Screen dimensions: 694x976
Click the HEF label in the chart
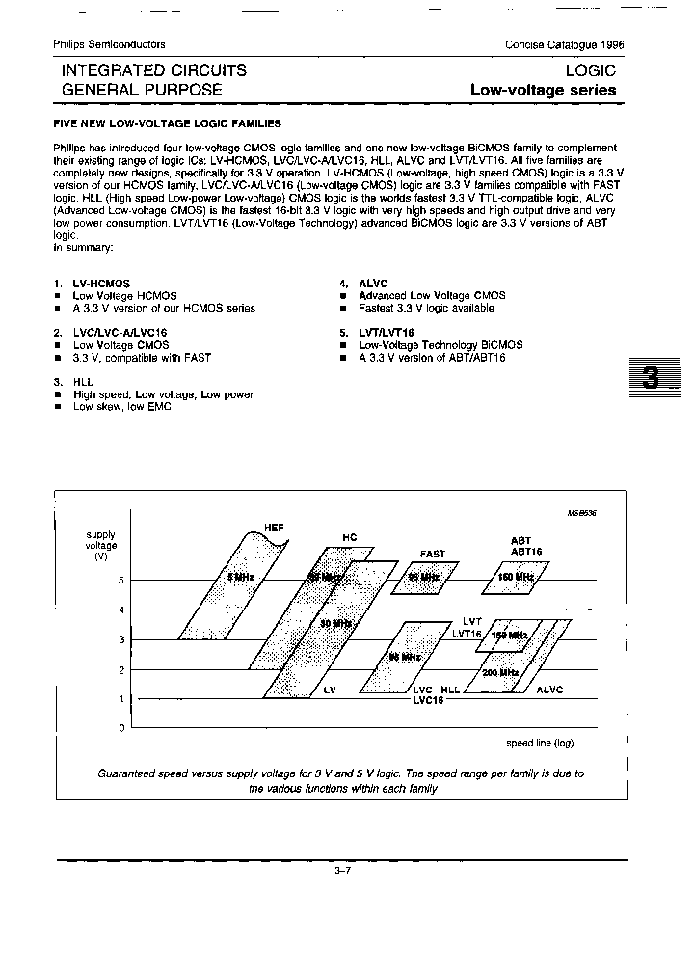275,526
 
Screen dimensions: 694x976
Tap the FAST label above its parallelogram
432,554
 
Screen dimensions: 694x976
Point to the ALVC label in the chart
549,691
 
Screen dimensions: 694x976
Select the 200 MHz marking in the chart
500,672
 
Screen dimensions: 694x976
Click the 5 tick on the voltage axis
121,580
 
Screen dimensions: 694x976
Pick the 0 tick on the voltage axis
121,728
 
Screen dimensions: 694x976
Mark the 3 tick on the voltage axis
121,639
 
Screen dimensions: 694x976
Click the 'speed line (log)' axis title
540,744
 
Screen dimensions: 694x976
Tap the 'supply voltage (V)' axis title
101,546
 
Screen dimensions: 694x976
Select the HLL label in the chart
451,691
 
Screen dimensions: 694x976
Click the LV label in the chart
330,691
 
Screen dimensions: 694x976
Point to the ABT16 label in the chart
527,551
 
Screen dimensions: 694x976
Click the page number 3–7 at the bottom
342,871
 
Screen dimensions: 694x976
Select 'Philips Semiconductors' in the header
109,44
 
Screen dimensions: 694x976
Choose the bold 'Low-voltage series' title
543,90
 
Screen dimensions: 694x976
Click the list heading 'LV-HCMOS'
101,284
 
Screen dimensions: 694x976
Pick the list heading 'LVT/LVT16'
386,332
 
